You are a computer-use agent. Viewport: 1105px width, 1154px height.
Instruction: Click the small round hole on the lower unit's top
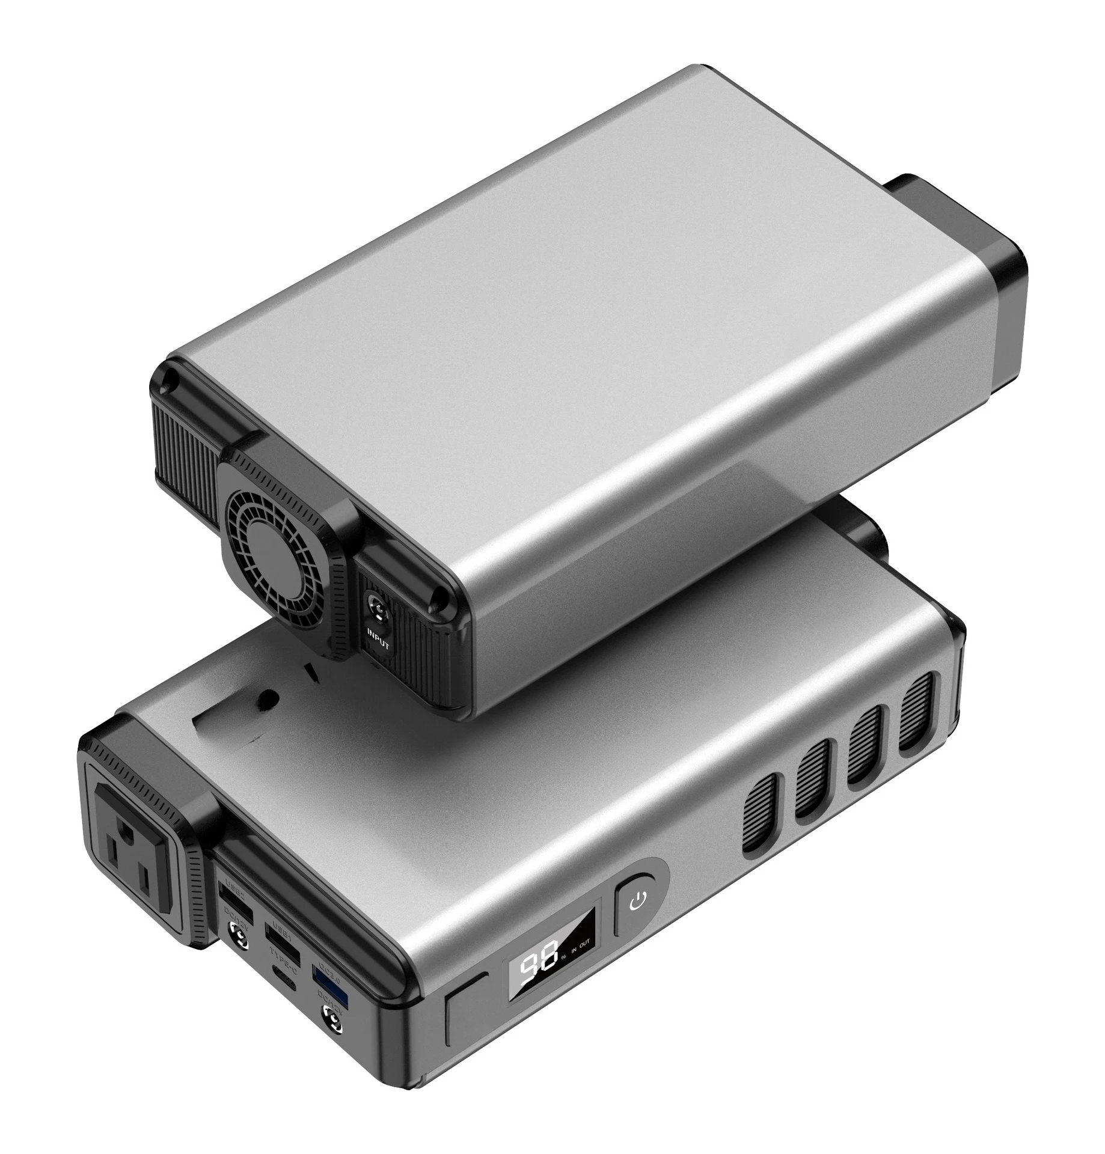click(267, 699)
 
